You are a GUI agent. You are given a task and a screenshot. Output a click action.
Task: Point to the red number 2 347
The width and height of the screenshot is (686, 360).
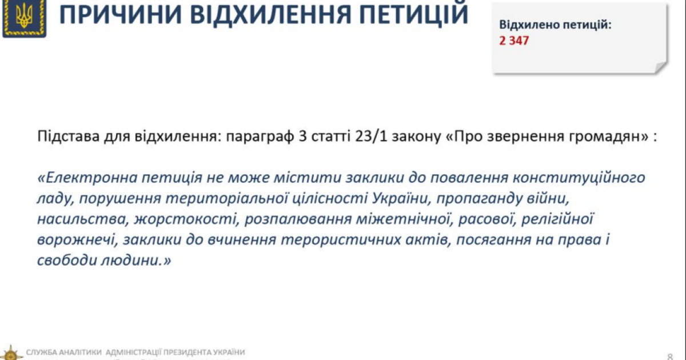tap(514, 41)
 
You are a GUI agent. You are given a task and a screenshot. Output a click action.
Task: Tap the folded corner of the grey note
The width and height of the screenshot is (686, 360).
tap(661, 67)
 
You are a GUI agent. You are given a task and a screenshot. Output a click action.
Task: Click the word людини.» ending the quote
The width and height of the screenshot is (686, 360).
tap(138, 261)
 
